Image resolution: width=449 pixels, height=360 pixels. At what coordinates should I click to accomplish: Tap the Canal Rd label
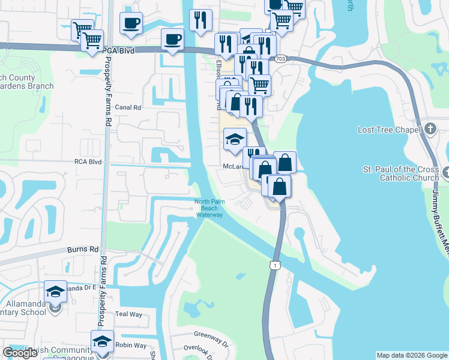(x=128, y=108)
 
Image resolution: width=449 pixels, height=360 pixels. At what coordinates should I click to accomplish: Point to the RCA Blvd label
(x=88, y=162)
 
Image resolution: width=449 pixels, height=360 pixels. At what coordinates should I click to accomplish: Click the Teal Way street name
(x=128, y=314)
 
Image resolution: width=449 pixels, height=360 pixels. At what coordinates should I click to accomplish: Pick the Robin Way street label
(x=131, y=346)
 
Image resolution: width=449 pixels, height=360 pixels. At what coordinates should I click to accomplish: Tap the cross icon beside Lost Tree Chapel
(x=430, y=129)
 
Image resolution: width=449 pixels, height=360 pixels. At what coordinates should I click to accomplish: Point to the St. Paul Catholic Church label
(x=400, y=173)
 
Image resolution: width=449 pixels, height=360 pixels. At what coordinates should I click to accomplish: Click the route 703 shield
(x=280, y=59)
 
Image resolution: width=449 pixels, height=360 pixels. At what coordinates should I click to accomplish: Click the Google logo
(x=20, y=353)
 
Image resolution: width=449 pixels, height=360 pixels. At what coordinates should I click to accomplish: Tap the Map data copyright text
(x=412, y=355)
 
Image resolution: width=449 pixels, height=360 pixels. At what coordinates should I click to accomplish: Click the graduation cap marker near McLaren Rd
(x=234, y=140)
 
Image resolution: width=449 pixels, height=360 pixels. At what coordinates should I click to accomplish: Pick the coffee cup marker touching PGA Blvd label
(x=173, y=40)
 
